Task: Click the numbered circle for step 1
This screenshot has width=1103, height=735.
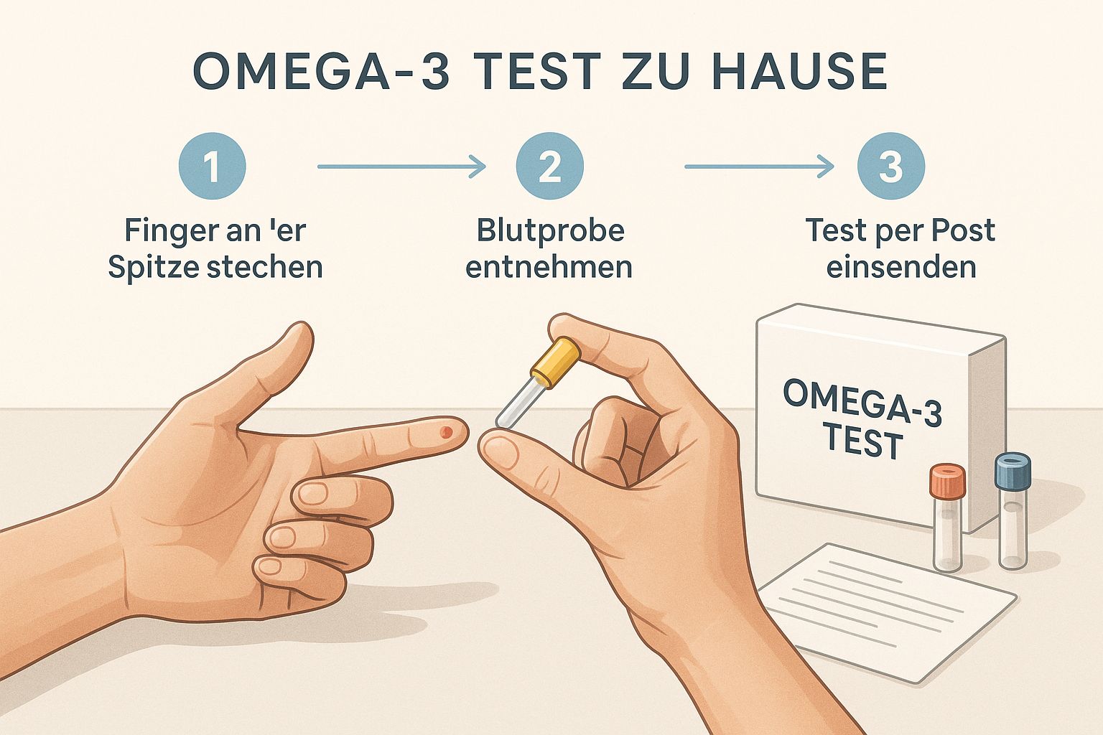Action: pos(213,166)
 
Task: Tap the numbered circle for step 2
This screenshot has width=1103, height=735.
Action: pos(550,166)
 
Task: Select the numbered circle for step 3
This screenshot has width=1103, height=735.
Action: pos(891,166)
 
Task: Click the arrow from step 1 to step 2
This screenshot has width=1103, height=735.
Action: pos(402,167)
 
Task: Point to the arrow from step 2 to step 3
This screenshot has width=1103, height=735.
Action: pos(759,167)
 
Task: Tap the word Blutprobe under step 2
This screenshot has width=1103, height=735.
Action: pos(551,231)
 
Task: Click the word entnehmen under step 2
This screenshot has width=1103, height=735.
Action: pos(549,268)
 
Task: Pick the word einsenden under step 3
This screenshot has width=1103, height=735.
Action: pos(901,267)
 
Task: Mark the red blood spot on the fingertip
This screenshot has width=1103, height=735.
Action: pos(446,432)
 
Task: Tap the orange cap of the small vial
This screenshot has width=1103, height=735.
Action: pos(947,480)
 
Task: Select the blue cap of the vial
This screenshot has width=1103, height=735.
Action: pos(1013,471)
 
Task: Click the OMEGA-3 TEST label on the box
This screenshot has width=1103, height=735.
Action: pos(862,419)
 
